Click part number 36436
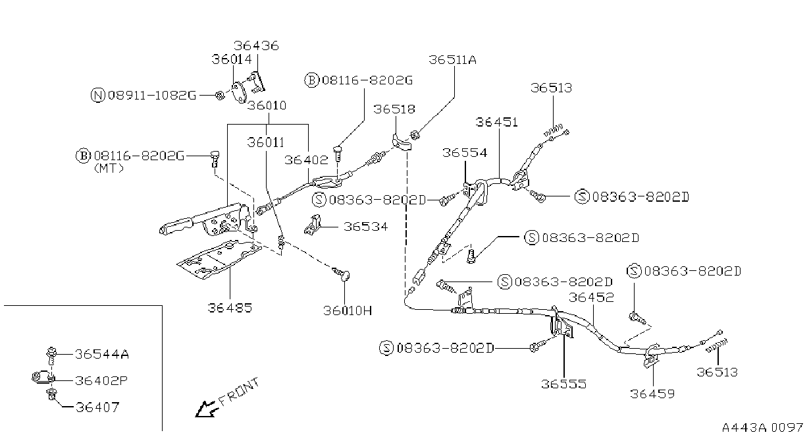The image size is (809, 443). (x=256, y=45)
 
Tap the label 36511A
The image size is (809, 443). (x=452, y=60)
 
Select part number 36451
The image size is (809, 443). (x=496, y=122)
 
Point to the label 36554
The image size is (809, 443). (x=465, y=152)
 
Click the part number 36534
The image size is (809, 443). (x=365, y=227)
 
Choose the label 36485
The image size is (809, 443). (x=230, y=308)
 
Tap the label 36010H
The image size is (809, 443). (x=348, y=310)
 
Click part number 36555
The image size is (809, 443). (x=563, y=384)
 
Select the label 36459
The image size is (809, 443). (x=652, y=394)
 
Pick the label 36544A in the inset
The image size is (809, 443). (x=102, y=354)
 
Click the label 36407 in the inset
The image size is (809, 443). (x=97, y=407)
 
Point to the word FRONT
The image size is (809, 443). (x=239, y=392)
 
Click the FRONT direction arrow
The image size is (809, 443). (x=207, y=409)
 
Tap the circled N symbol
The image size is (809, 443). (x=97, y=96)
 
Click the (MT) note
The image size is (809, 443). (x=109, y=169)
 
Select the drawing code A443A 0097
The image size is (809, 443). (x=763, y=428)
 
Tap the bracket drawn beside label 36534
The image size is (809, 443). (x=313, y=225)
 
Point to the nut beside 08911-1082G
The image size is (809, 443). (x=220, y=96)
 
